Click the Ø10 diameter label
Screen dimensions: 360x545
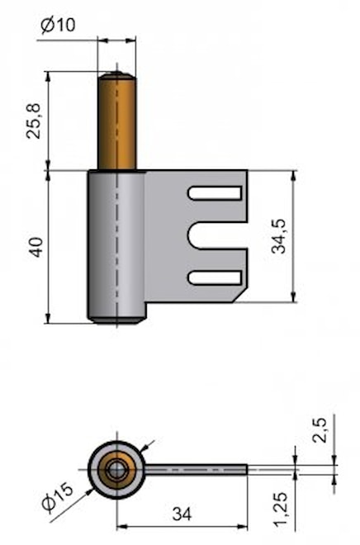[58, 25]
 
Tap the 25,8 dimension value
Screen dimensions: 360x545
[34, 121]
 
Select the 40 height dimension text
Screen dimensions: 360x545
[36, 247]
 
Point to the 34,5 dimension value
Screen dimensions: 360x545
[279, 236]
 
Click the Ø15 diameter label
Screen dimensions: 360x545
[58, 497]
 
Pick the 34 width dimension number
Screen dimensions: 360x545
[182, 514]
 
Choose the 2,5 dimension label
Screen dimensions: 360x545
[320, 430]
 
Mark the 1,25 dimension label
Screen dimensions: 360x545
[280, 509]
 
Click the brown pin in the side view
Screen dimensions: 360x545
[117, 121]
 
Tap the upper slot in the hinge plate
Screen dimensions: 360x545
[216, 193]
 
